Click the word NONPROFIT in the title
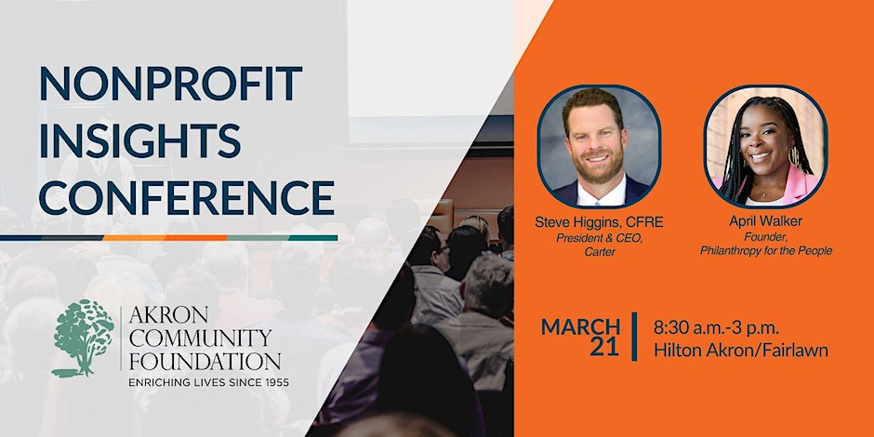(x=171, y=83)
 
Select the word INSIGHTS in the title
(x=140, y=139)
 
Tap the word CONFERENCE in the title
(x=187, y=197)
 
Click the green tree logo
(x=83, y=338)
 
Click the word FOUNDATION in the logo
(x=205, y=361)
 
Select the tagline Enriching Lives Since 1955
(x=208, y=383)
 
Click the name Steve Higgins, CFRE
(x=599, y=222)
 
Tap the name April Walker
(x=765, y=221)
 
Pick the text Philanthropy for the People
(x=766, y=251)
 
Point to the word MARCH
(x=580, y=326)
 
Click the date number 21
(x=604, y=348)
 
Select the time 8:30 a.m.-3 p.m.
(x=716, y=327)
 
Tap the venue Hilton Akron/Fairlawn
(x=741, y=350)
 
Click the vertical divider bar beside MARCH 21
(x=634, y=337)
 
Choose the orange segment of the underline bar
(x=165, y=238)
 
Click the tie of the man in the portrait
(x=598, y=199)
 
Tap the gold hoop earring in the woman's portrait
(x=795, y=158)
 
